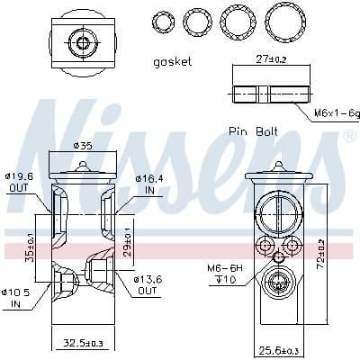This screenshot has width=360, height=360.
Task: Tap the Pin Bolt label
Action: [x=253, y=130]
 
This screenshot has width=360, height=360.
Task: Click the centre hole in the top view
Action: [x=84, y=42]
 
